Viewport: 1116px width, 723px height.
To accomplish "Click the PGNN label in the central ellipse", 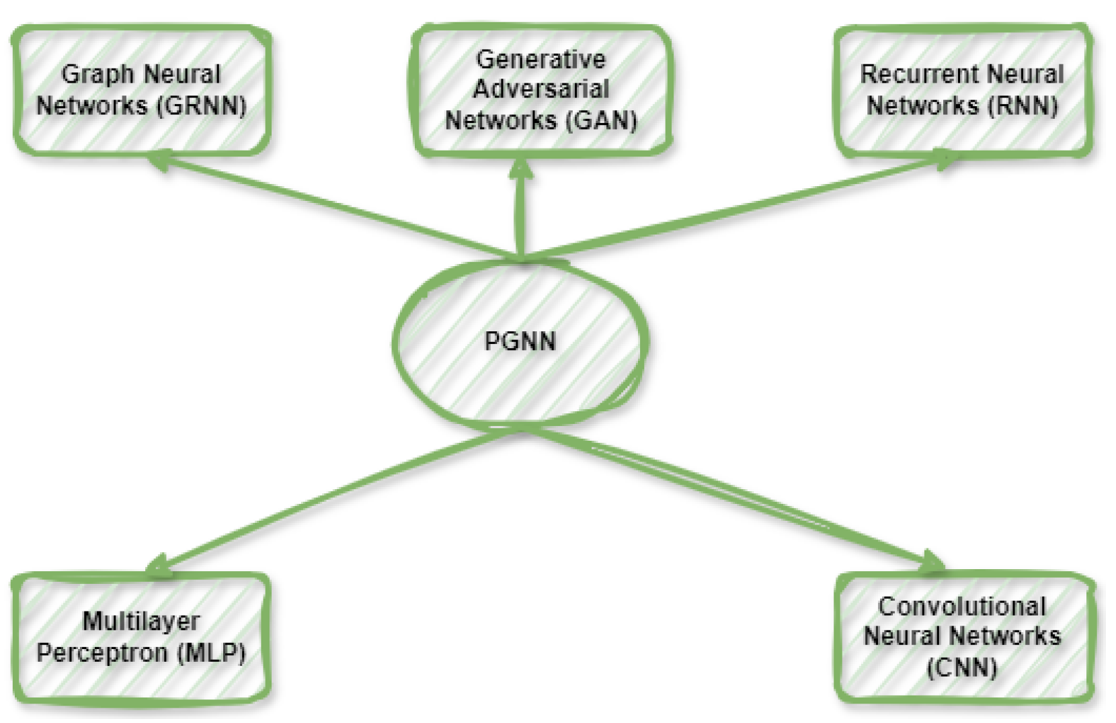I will (x=520, y=341).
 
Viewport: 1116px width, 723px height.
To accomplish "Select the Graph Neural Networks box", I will (x=141, y=90).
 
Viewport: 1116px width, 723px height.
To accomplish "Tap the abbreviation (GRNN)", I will (x=202, y=105).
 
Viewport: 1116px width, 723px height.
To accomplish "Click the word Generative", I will (x=541, y=59).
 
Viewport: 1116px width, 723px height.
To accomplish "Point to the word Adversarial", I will (x=541, y=89).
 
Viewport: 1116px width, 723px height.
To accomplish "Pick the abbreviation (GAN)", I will (x=601, y=120).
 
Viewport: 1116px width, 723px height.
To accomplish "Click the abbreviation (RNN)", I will (x=1023, y=105).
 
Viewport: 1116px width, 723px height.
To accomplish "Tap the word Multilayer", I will (x=141, y=621).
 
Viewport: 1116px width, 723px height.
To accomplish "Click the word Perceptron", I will (x=102, y=652).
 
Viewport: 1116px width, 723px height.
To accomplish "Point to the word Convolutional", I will (x=962, y=606).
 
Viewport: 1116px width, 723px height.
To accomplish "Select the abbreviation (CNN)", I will (x=962, y=668).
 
